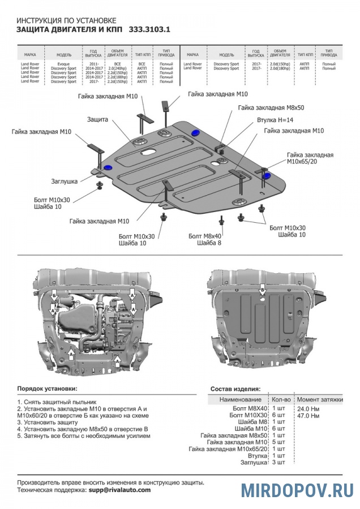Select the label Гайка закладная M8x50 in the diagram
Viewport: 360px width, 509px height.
pos(271,107)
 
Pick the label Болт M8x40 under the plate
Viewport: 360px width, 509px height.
pos(205,235)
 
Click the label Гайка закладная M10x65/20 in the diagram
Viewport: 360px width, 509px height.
pos(310,158)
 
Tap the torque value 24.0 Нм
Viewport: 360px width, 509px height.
pos(308,408)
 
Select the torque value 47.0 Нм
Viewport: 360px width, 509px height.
pos(308,416)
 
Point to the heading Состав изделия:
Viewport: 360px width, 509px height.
pos(235,389)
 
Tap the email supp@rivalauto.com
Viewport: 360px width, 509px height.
pos(119,490)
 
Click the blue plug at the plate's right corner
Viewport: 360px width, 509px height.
pos(266,176)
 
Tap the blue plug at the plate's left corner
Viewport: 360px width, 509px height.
pos(108,169)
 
